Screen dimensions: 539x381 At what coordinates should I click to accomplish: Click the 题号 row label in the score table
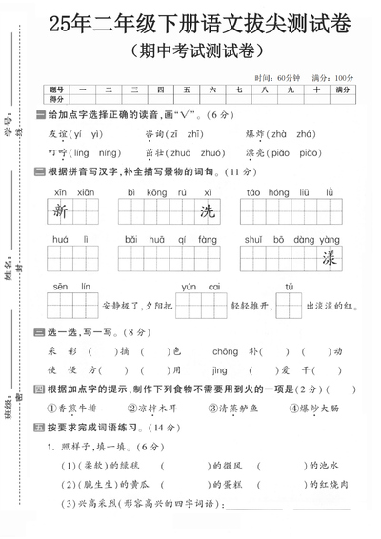[x=58, y=89]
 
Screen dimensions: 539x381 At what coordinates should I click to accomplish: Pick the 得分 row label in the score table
[x=58, y=97]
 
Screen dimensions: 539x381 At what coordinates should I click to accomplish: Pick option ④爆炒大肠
[x=293, y=408]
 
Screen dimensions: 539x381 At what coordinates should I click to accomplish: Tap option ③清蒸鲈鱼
[x=218, y=408]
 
